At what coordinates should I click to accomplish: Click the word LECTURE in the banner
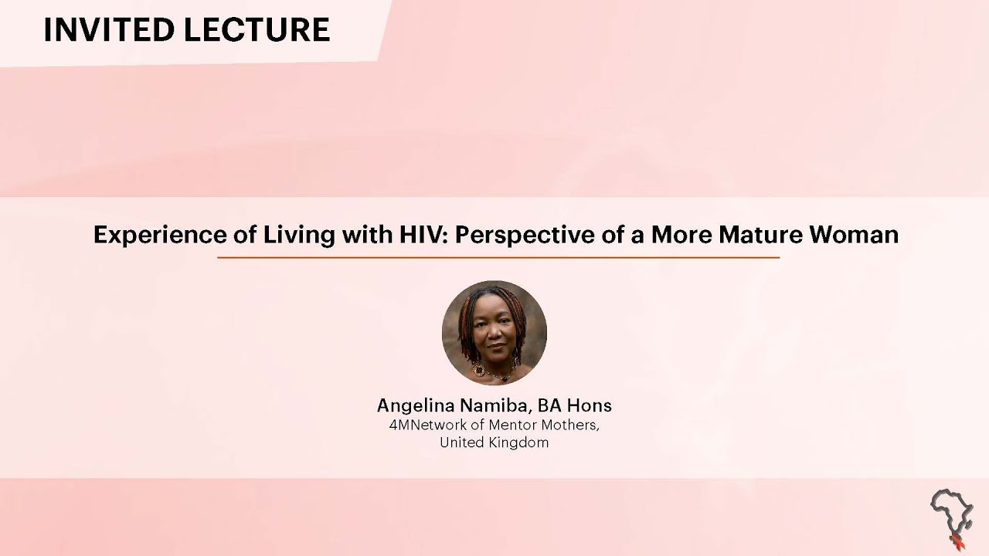point(259,29)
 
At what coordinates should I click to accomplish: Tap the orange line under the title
point(498,257)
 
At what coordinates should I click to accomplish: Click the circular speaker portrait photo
point(494,333)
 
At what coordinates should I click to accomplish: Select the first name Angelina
point(414,405)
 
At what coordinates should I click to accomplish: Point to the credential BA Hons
point(576,405)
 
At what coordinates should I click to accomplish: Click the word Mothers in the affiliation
point(569,425)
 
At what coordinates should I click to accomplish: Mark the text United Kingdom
point(494,442)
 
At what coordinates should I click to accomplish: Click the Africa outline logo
point(950,510)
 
